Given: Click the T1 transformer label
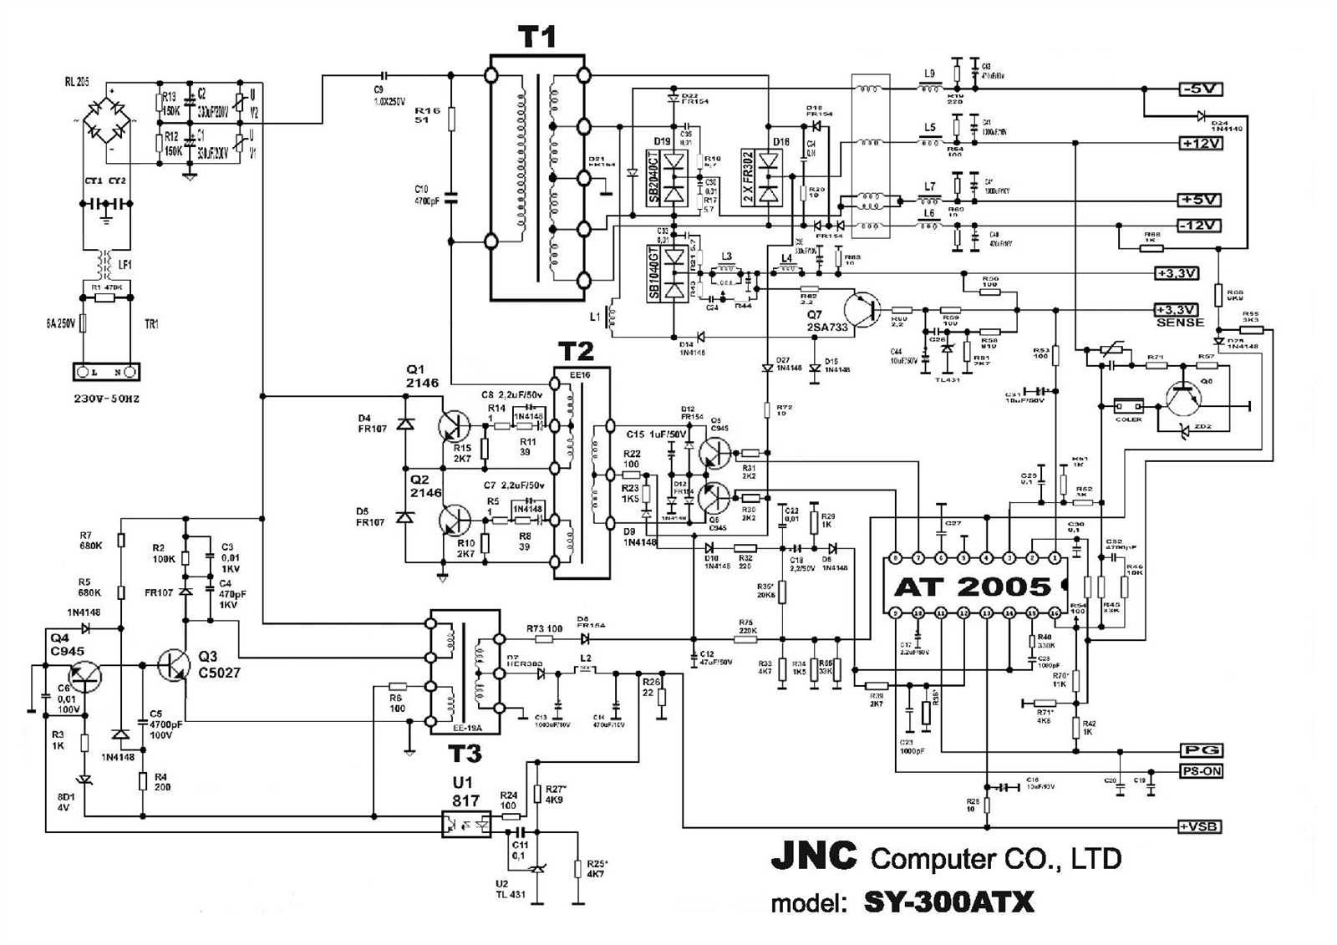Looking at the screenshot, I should tap(536, 37).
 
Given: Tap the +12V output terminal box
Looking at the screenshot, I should tap(1201, 144).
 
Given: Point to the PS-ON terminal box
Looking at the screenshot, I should tap(1201, 771).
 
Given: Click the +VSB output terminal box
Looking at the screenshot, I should tap(1201, 826).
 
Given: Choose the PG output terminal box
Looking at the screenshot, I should tap(1201, 750).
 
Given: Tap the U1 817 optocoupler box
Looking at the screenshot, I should tap(465, 824).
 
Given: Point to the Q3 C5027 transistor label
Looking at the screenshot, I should tap(219, 664).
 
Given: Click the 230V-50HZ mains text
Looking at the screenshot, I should tap(106, 399).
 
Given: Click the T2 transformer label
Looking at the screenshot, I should tap(576, 351).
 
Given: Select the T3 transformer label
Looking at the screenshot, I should tap(465, 754).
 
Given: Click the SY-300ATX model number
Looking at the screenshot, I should tap(948, 902).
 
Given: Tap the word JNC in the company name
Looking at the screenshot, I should tap(813, 856).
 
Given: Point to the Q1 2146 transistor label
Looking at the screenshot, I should tap(422, 377).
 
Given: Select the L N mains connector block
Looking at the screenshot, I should tap(105, 371).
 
